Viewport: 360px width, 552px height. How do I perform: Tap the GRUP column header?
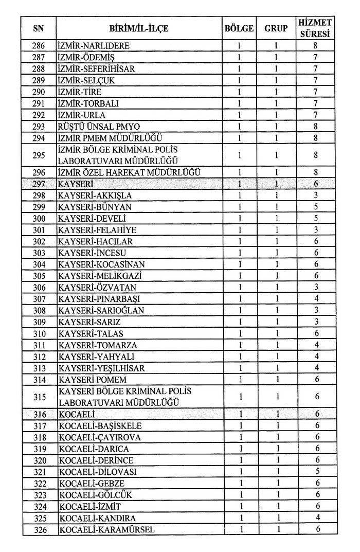coord(276,28)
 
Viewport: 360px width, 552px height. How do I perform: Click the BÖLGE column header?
coord(239,28)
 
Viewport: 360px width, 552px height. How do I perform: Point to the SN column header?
coord(39,28)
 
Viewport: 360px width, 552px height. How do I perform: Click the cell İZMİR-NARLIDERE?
coord(94,46)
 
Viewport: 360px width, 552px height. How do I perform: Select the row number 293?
coord(39,126)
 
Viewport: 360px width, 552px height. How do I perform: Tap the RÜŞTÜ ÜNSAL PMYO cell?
coord(99,126)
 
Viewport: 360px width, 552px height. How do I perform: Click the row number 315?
coord(39,397)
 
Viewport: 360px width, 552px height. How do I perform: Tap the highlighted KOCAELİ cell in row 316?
coord(77,414)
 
